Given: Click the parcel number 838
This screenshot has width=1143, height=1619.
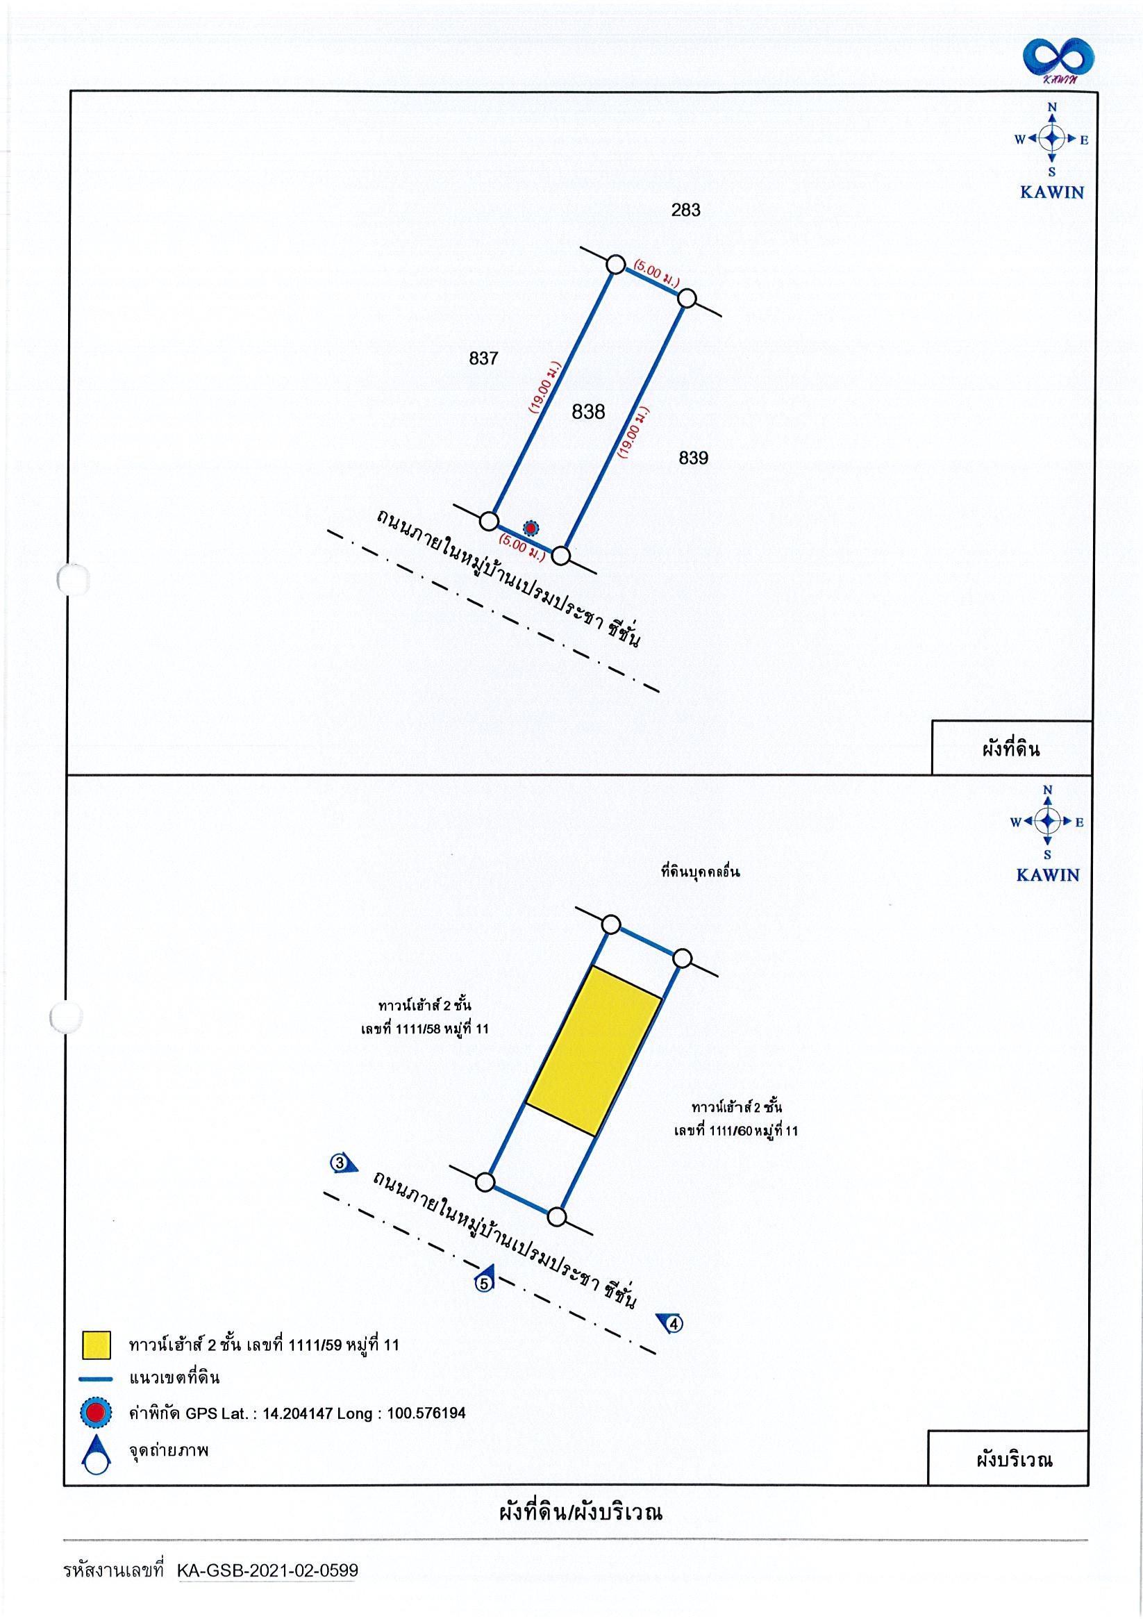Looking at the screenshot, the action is pos(588,412).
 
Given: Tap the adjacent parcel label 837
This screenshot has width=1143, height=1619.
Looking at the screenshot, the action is pos(484,359).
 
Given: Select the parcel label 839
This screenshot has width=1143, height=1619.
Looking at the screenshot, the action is pos(693,458).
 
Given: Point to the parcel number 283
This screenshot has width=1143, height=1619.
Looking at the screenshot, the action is pos(685,210).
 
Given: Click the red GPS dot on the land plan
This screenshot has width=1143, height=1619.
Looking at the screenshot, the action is pos(531,527).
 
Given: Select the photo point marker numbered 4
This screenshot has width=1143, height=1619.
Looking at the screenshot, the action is pos(671,1324).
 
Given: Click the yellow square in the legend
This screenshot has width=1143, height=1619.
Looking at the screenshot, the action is pos(97,1345).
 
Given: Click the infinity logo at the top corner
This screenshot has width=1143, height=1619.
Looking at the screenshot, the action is pos(1059,60).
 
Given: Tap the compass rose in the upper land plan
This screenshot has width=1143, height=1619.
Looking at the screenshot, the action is pos(1052,139).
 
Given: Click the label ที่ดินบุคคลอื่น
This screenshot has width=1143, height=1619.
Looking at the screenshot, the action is pos(700,872).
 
